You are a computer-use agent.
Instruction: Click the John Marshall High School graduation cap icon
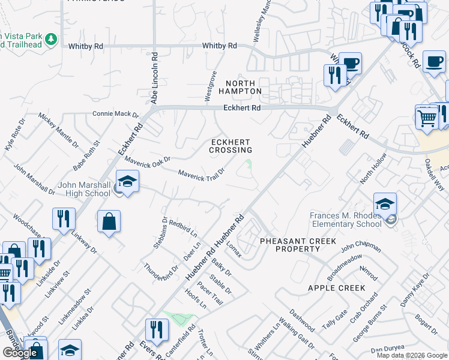coord(127,181)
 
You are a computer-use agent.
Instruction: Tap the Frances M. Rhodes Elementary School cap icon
coord(385,204)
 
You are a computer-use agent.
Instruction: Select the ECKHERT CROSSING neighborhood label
coord(230,146)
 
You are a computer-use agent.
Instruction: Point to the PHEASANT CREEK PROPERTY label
coord(290,245)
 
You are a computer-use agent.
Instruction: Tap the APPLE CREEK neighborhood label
coord(336,288)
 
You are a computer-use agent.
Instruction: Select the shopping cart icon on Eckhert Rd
coord(427,116)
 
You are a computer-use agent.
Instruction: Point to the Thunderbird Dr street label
coord(160,264)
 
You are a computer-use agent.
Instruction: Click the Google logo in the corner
coord(19,352)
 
